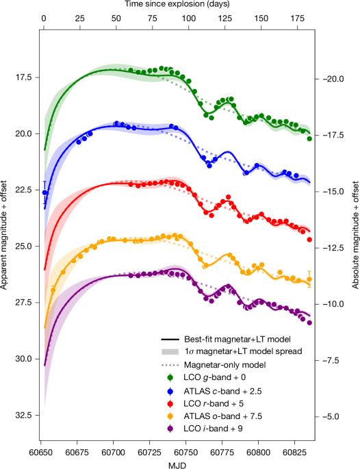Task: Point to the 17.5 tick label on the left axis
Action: coord(23,77)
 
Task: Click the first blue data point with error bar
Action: coord(45,192)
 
